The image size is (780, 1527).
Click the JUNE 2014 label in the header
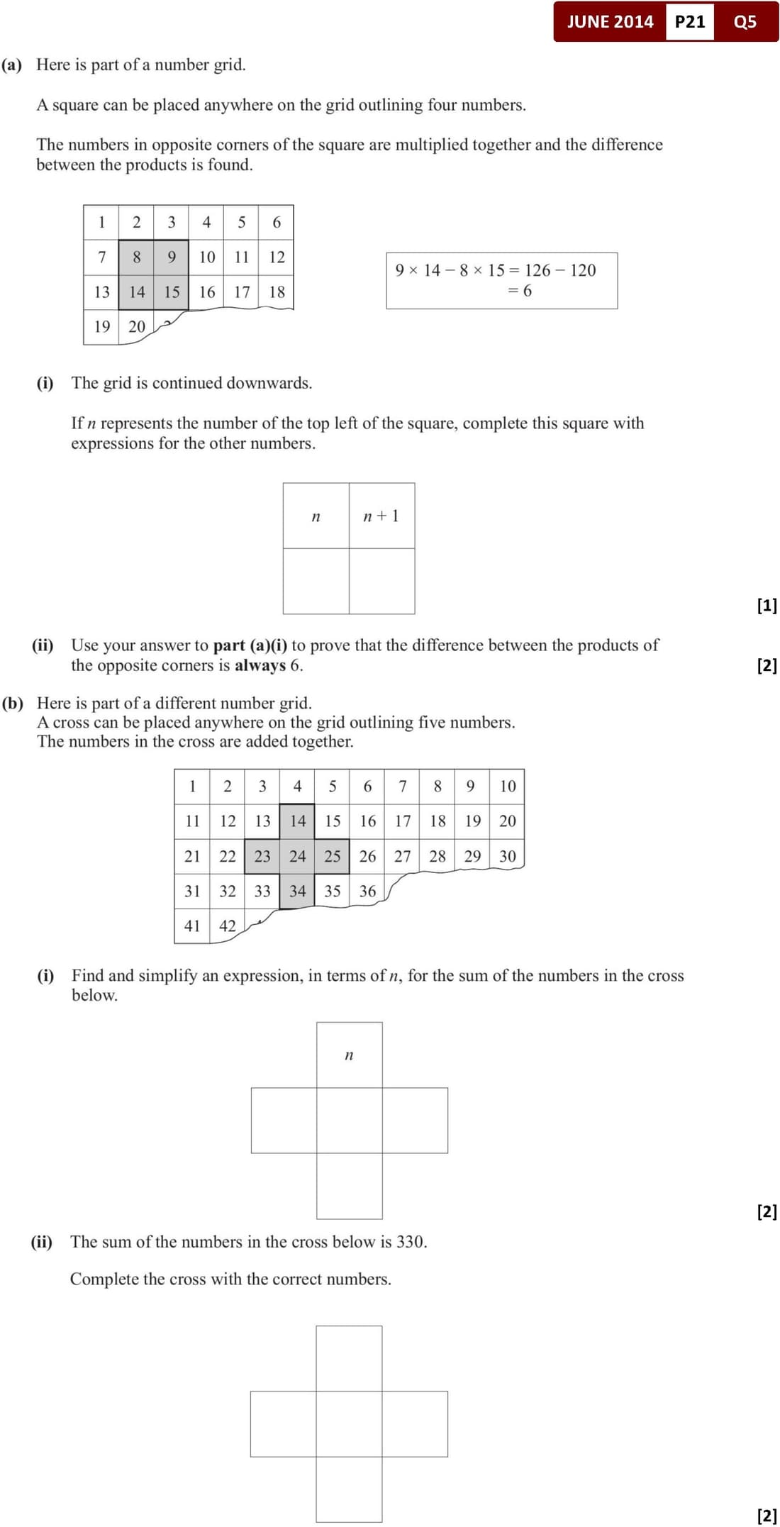point(610,22)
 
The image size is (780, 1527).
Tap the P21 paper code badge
point(689,22)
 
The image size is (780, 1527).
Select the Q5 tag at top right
point(745,22)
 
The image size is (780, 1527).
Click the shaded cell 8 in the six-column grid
point(136,257)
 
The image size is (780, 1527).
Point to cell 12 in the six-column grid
point(277,257)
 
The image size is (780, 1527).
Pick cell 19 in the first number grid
point(102,326)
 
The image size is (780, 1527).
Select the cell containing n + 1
point(381,516)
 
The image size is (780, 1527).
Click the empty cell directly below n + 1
point(381,581)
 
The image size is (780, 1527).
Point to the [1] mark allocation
point(767,605)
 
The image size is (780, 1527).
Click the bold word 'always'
point(260,665)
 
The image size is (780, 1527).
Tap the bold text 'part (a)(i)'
point(250,645)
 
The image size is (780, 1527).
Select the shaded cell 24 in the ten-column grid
point(297,856)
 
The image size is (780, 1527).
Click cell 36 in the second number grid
point(367,891)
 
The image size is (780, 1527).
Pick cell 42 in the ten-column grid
point(227,926)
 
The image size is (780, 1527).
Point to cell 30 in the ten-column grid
point(508,856)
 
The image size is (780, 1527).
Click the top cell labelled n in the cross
point(349,1055)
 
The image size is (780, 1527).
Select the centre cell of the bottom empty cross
point(349,1424)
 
